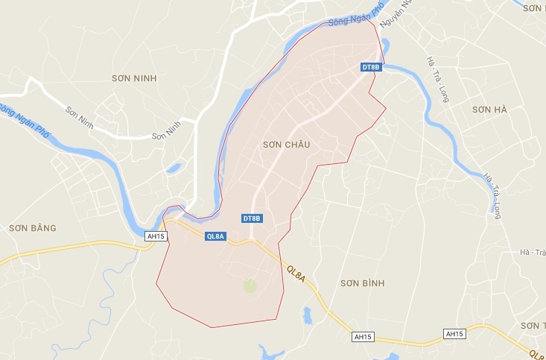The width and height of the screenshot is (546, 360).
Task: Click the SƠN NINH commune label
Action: (136, 78)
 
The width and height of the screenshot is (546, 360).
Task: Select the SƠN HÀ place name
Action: (489, 110)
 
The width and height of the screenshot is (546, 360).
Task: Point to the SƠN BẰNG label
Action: (32, 227)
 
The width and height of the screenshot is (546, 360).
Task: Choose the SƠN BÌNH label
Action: (361, 283)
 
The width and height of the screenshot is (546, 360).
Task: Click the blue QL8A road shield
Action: (215, 236)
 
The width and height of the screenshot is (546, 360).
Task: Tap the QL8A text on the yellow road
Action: (296, 274)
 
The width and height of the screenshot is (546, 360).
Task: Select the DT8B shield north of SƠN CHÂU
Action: (370, 68)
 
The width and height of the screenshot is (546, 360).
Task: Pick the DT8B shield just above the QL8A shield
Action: (253, 218)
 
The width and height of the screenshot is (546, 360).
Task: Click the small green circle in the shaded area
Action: (250, 284)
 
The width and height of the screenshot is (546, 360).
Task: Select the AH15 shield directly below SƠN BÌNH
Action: (363, 337)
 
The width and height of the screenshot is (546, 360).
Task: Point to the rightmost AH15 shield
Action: (454, 332)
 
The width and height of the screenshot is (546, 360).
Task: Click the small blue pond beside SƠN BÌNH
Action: (307, 315)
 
